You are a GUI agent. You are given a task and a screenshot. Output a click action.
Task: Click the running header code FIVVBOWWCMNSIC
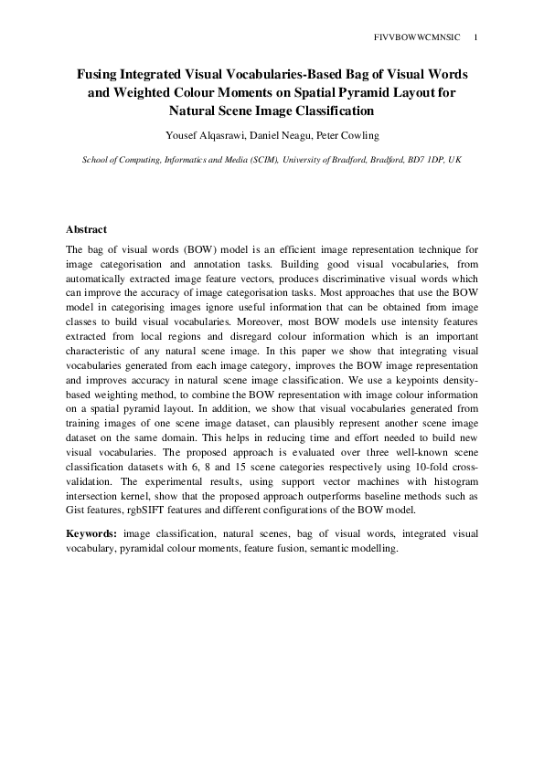(418, 37)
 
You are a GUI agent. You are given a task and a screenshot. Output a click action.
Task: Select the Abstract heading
(88, 229)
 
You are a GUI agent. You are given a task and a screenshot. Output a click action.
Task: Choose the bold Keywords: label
(92, 532)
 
